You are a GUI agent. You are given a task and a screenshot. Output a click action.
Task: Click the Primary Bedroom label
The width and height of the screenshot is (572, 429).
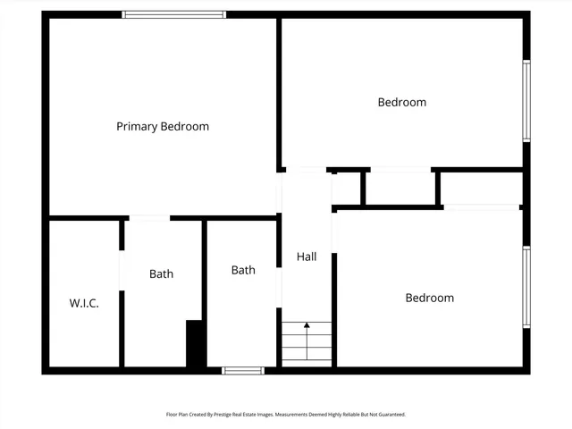tap(163, 127)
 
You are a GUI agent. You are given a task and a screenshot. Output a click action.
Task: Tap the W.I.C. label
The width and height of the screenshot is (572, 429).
tap(84, 303)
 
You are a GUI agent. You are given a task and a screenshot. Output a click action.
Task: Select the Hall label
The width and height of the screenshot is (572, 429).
tap(307, 257)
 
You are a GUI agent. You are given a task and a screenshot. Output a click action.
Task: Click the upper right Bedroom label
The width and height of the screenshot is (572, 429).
tap(402, 103)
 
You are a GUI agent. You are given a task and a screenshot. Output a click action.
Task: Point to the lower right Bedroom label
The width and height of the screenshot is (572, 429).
tap(430, 299)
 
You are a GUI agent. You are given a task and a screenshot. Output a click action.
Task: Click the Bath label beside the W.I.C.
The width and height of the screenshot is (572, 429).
tap(162, 274)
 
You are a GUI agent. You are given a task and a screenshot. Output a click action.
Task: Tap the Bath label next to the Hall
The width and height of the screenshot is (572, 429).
tap(243, 270)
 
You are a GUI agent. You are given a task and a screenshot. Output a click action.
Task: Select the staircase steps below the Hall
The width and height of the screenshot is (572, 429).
tap(307, 343)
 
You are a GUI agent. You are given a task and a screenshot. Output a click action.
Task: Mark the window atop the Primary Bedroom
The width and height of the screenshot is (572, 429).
tap(174, 14)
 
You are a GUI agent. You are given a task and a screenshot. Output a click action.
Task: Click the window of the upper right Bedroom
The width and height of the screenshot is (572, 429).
tap(526, 100)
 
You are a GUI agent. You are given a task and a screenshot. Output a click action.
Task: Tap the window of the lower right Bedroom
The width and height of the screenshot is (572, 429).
tap(526, 287)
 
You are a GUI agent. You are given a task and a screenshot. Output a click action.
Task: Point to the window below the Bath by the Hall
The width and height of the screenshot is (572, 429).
tap(243, 370)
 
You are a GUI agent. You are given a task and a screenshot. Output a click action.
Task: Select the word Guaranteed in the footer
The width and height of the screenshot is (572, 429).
tap(389, 415)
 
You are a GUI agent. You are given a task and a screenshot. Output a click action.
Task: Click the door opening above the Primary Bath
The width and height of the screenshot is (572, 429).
tap(149, 217)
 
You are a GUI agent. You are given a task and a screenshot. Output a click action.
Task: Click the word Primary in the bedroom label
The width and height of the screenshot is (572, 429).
tap(137, 127)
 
